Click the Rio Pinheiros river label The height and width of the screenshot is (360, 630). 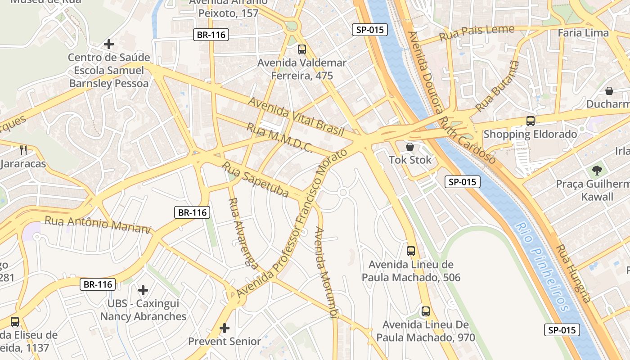pos(542,267)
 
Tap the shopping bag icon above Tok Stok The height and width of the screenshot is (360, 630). pos(410,147)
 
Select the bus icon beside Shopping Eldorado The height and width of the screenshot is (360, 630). pos(531,121)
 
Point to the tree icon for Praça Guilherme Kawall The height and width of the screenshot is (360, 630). pos(597,170)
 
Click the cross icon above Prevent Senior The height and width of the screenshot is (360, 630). pos(225,328)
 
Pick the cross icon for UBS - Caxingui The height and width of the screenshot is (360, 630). pos(143,290)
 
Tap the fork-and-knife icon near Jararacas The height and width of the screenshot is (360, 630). pos(23,150)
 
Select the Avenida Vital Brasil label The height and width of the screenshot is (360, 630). pos(296,117)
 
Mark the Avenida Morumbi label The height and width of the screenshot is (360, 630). pos(326,272)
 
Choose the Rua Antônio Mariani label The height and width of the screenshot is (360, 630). pos(97,224)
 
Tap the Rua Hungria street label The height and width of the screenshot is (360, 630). pos(573,273)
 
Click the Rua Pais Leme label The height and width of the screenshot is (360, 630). pos(477,33)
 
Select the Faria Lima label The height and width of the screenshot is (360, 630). pos(583,33)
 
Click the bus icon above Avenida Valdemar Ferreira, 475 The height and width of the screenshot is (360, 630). pos(301,49)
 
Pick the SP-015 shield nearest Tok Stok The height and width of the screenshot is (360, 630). pos(463,182)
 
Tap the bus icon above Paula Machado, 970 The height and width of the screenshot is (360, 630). pos(425,311)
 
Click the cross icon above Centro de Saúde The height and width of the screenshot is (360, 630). pos(108,44)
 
